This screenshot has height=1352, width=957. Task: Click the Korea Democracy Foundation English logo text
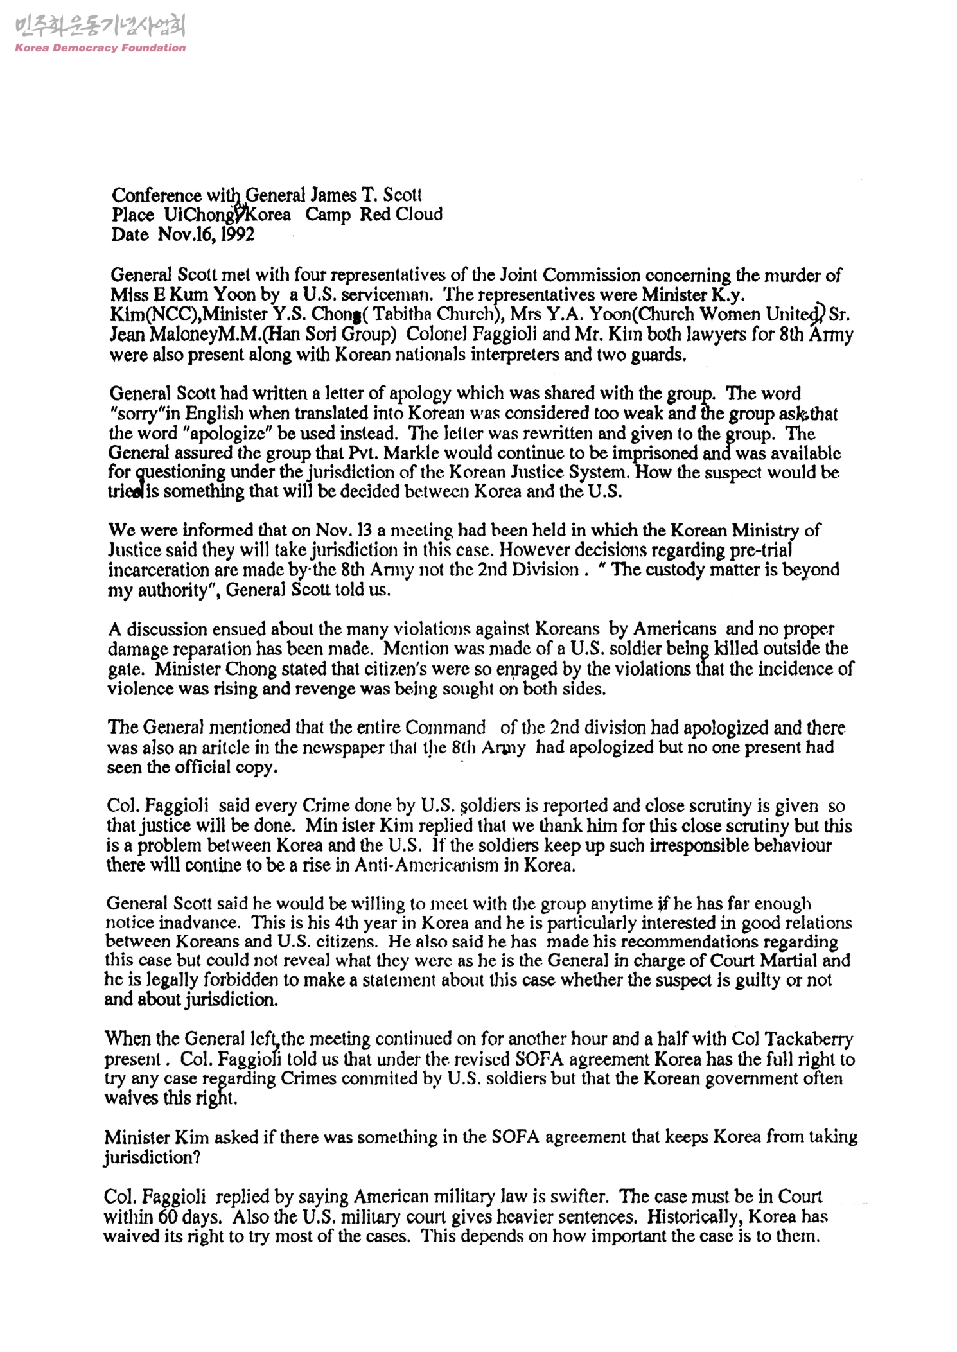(100, 48)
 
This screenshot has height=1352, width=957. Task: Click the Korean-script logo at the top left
(100, 27)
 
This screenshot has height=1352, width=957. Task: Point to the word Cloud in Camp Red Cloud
(419, 214)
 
